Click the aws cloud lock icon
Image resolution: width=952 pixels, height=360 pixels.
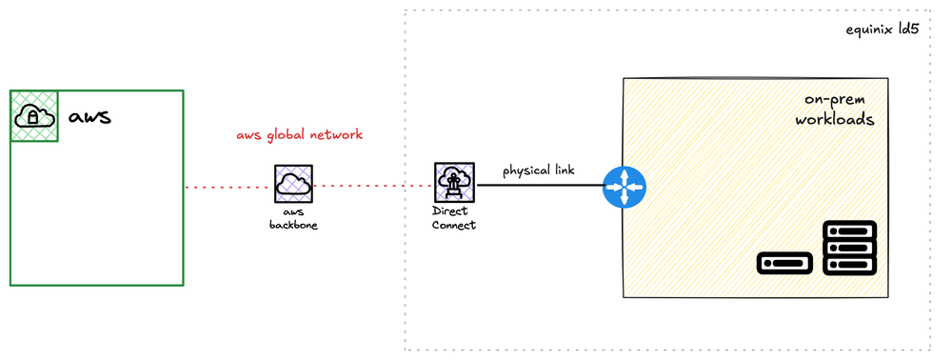point(34,116)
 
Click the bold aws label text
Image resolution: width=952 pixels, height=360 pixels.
point(89,117)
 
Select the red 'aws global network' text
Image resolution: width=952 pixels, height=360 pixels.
point(299,135)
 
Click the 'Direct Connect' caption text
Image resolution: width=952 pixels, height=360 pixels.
point(453,218)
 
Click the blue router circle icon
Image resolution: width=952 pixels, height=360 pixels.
point(624,187)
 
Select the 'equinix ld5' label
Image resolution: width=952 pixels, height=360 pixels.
point(882,30)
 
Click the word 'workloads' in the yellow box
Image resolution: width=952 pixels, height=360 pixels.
point(835,121)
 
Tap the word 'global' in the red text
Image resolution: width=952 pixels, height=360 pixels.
point(293,135)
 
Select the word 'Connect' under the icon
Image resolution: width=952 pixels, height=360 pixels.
point(453,225)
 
